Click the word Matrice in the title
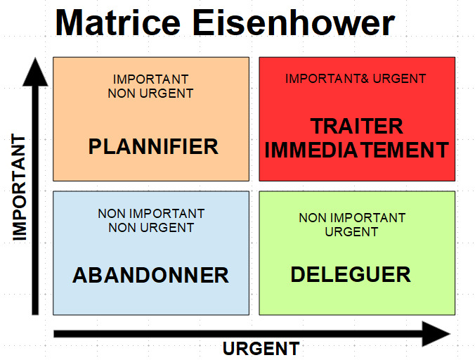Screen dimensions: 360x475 pyautogui.click(x=122, y=22)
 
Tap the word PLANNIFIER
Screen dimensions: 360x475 pyautogui.click(x=152, y=146)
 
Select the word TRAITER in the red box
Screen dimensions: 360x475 pyautogui.click(x=357, y=127)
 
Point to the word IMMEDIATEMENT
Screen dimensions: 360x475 pyautogui.click(x=357, y=150)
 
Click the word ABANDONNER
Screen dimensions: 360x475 pyautogui.click(x=150, y=275)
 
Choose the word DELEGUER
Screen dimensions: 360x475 pyautogui.click(x=351, y=274)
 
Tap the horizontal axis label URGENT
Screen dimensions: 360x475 pyautogui.click(x=261, y=348)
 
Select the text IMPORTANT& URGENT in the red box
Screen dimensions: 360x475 pyautogui.click(x=356, y=79)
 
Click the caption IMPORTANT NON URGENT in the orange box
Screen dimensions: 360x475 pyautogui.click(x=150, y=86)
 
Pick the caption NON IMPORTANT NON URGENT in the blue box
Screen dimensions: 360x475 pyautogui.click(x=151, y=220)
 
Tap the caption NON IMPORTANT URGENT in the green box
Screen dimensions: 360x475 pyautogui.click(x=352, y=224)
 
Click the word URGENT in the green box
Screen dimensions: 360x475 pyautogui.click(x=352, y=231)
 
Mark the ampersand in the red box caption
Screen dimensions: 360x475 pyautogui.click(x=365, y=79)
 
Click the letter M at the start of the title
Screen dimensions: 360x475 pyautogui.click(x=72, y=22)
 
